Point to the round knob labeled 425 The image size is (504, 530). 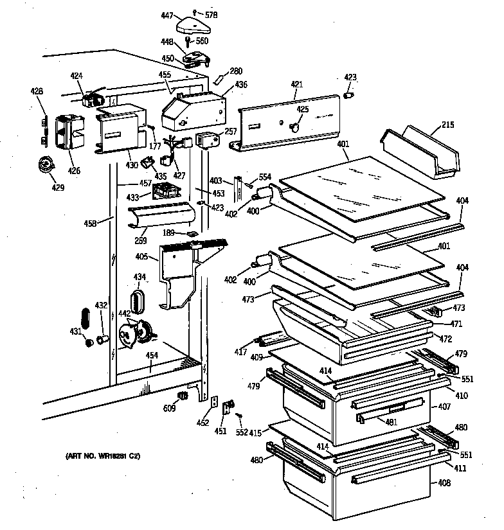(296, 127)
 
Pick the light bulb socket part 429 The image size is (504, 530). (46, 166)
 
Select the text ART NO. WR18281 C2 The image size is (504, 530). (102, 455)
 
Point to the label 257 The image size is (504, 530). (230, 131)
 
